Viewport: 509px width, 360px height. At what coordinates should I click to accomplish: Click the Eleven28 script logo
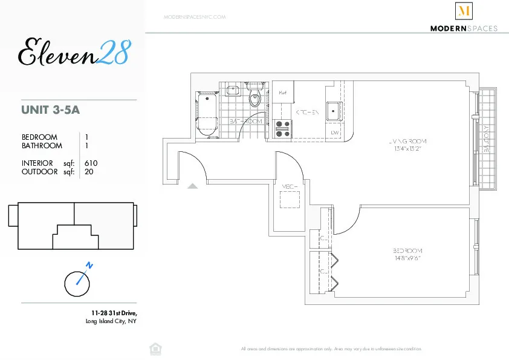(x=73, y=52)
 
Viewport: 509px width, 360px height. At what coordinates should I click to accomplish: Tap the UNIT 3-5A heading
(x=51, y=110)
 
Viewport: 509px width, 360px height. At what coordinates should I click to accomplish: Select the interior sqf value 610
(x=91, y=163)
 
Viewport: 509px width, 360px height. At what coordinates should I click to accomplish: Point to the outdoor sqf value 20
(x=89, y=171)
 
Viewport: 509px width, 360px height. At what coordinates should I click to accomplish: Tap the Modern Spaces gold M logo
(x=464, y=11)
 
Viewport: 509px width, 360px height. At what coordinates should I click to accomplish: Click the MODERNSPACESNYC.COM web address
(x=195, y=17)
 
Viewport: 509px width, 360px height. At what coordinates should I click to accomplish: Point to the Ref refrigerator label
(x=282, y=93)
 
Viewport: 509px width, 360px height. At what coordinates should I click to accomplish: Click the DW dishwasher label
(x=334, y=133)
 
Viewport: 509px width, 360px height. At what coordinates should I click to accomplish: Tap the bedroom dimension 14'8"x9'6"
(x=406, y=258)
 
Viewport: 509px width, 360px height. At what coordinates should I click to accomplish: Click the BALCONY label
(x=487, y=139)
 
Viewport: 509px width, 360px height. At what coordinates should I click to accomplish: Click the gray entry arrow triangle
(x=192, y=186)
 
